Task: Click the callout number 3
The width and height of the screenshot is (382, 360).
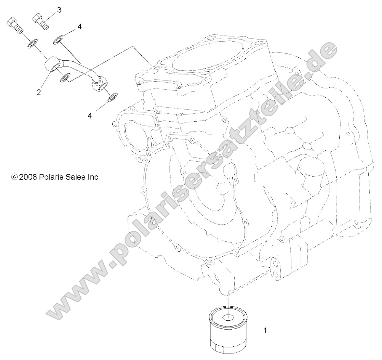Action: point(59,10)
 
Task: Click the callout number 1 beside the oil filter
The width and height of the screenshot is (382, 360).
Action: point(265,330)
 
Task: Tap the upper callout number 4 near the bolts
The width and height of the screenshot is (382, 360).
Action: point(79,27)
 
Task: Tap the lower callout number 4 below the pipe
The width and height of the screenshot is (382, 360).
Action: point(90,116)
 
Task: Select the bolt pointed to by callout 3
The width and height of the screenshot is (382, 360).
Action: point(41,21)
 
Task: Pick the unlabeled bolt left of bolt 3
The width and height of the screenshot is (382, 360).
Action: point(15,25)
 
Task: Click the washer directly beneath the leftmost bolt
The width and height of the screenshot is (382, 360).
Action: point(32,45)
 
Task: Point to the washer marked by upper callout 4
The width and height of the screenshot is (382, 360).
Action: point(59,40)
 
